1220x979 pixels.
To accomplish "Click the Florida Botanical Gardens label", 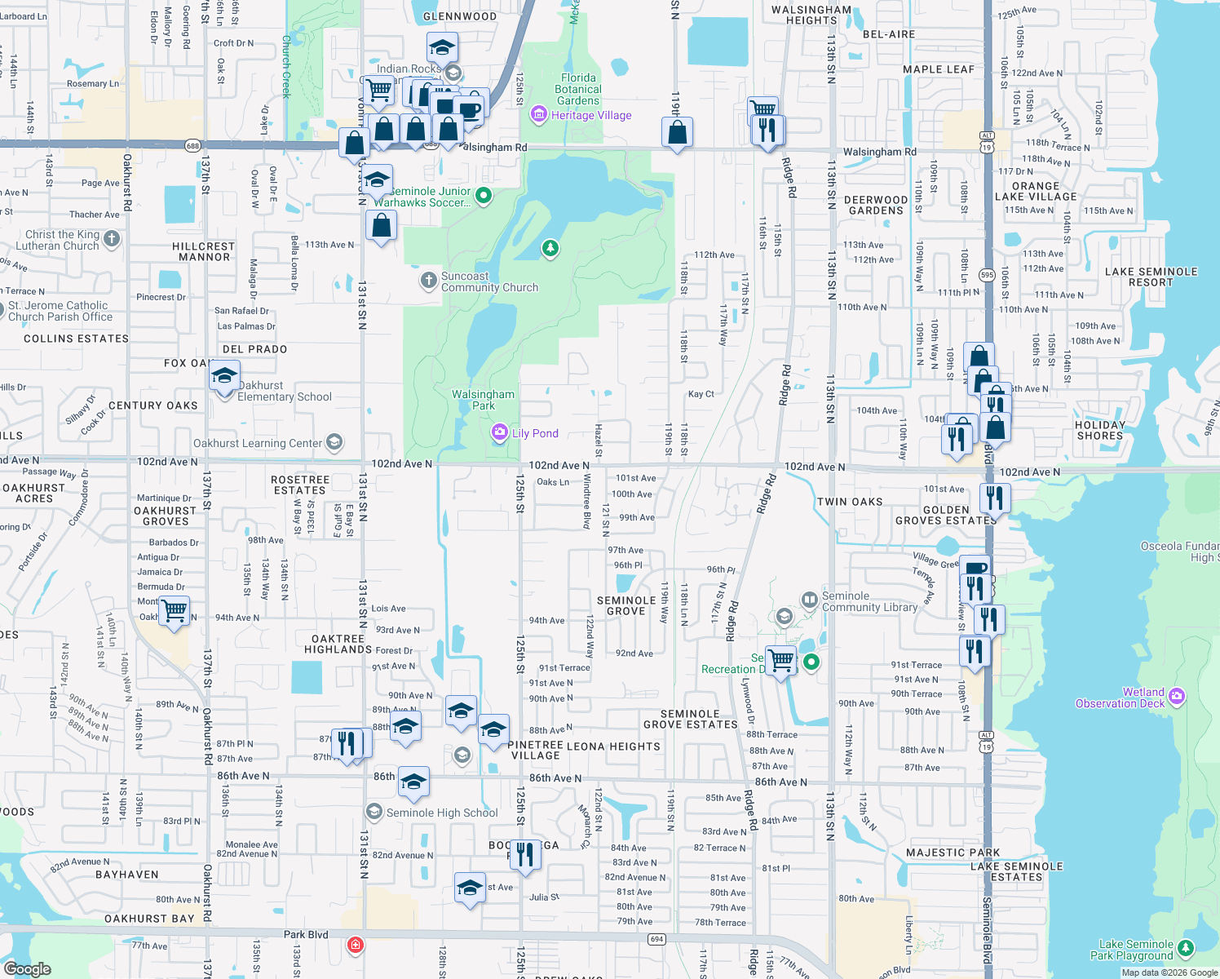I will tap(578, 90).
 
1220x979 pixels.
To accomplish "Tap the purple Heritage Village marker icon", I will tap(538, 115).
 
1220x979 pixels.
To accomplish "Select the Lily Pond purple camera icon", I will tap(500, 433).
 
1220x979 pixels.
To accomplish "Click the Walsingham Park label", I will tap(484, 400).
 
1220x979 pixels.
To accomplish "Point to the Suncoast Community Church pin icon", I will tap(428, 281).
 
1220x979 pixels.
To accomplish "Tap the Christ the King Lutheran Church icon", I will tap(112, 240).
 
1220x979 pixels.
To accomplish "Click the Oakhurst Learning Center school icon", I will tap(334, 443).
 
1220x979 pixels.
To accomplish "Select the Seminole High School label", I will tap(441, 813).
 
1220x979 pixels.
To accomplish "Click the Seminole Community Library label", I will tap(869, 602).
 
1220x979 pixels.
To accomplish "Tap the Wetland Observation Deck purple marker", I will tap(1176, 697).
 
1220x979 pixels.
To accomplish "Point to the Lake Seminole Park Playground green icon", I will tap(1186, 948).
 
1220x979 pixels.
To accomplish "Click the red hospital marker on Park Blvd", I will tap(355, 945).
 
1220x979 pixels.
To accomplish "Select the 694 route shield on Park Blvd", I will tap(656, 939).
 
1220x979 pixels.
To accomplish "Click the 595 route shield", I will tap(987, 275).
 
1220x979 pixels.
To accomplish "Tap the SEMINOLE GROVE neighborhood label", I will tap(626, 605).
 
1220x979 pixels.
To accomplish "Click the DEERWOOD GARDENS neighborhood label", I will tap(876, 205).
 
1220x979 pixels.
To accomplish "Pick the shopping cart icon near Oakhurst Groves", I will tap(174, 610).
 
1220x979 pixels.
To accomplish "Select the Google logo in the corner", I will tap(27, 969).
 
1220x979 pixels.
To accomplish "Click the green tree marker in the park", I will tap(550, 248).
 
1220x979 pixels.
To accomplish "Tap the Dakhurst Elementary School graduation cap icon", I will tap(224, 377).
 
